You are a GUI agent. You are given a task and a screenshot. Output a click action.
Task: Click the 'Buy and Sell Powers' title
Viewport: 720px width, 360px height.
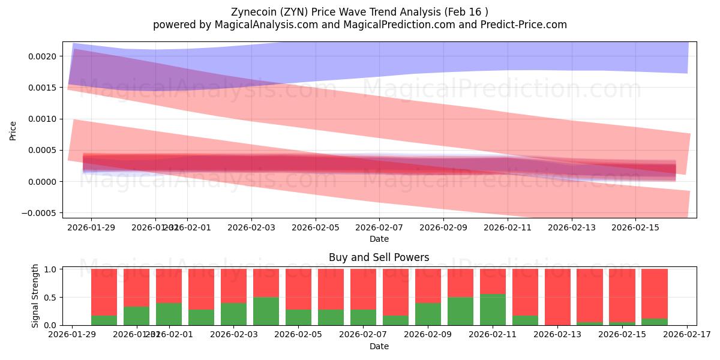point(379,257)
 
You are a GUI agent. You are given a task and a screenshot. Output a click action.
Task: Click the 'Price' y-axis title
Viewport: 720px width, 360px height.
point(13,130)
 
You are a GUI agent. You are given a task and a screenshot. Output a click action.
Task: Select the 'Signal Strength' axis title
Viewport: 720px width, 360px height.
point(36,295)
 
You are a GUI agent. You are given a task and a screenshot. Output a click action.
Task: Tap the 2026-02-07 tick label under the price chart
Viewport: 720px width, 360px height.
point(379,227)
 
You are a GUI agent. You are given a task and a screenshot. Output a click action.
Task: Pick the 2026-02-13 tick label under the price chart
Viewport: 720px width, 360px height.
point(571,227)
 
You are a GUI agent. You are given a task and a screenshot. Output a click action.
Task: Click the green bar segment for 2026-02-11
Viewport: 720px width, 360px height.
point(493,310)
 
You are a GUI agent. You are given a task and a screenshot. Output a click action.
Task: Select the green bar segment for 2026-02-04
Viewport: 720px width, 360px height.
point(266,311)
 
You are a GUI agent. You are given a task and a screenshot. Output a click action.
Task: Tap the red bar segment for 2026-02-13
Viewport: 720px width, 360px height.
point(557,296)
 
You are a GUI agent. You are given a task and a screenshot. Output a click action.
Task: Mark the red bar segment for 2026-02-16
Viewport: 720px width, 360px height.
point(654,293)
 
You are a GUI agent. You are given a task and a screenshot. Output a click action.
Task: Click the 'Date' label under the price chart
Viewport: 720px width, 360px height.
point(379,239)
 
